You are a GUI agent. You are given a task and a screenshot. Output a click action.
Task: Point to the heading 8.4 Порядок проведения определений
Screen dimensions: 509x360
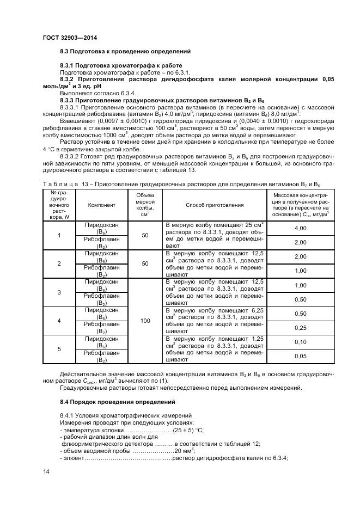(x=118, y=402)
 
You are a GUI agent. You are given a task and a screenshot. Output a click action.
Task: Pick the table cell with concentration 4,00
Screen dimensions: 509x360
(x=300, y=228)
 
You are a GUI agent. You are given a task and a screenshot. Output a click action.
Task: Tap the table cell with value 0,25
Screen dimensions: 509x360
(x=300, y=328)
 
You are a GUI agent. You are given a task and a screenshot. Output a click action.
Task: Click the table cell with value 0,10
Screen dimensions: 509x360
(x=300, y=342)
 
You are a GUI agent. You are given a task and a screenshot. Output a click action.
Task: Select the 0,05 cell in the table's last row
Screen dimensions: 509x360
(x=300, y=356)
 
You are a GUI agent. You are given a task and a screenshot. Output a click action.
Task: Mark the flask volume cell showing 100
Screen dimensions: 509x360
(x=145, y=321)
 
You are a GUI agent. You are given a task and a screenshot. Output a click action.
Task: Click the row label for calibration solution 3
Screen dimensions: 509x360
(x=59, y=292)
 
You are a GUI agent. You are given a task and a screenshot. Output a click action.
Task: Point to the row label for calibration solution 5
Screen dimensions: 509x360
(x=59, y=349)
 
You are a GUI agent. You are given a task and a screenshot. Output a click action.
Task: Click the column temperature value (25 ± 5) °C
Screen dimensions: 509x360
(x=188, y=431)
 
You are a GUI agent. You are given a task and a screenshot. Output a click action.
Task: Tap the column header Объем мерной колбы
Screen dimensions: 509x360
(x=145, y=205)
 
